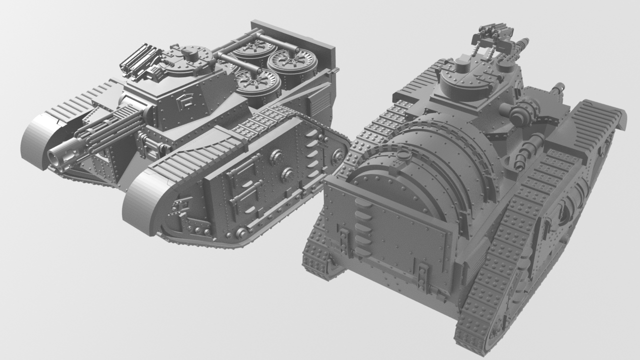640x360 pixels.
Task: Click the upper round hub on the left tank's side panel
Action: pyautogui.click(x=275, y=157)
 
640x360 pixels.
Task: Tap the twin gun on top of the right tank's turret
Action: pyautogui.click(x=492, y=37)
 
